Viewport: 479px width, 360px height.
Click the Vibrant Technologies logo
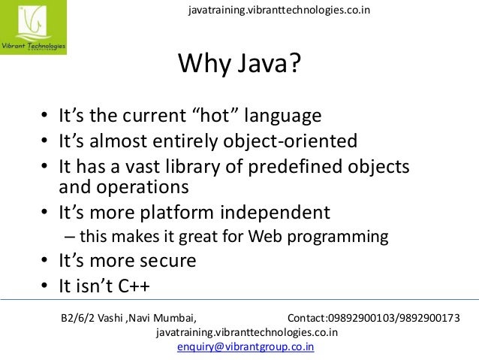pyautogui.click(x=34, y=29)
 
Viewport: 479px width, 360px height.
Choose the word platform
pyautogui.click(x=182, y=211)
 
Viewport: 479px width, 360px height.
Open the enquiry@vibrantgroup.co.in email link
pyautogui.click(x=246, y=347)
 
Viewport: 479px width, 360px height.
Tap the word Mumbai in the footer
pyautogui.click(x=173, y=318)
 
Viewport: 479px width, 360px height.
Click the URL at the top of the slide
pyautogui.click(x=279, y=10)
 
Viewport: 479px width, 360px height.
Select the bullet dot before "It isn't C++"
pyautogui.click(x=45, y=286)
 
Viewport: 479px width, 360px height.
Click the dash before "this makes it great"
pyautogui.click(x=70, y=237)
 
